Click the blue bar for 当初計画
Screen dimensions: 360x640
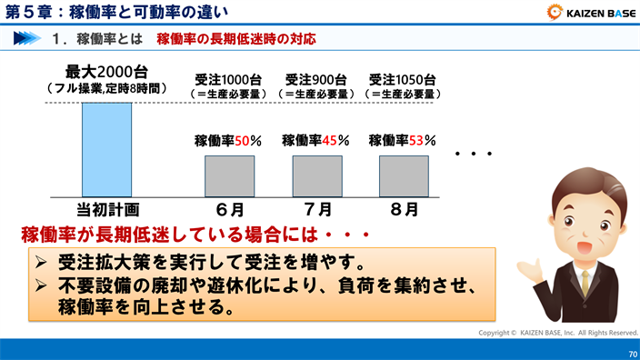point(106,148)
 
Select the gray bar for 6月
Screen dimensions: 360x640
point(229,175)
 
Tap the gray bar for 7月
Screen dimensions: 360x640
point(316,175)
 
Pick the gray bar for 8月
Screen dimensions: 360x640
point(403,175)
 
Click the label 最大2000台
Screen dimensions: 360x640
point(106,72)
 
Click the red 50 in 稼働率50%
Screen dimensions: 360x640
point(243,141)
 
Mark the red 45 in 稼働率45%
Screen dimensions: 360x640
point(330,141)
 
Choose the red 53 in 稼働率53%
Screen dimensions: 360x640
point(417,141)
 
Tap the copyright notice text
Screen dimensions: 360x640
point(558,333)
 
